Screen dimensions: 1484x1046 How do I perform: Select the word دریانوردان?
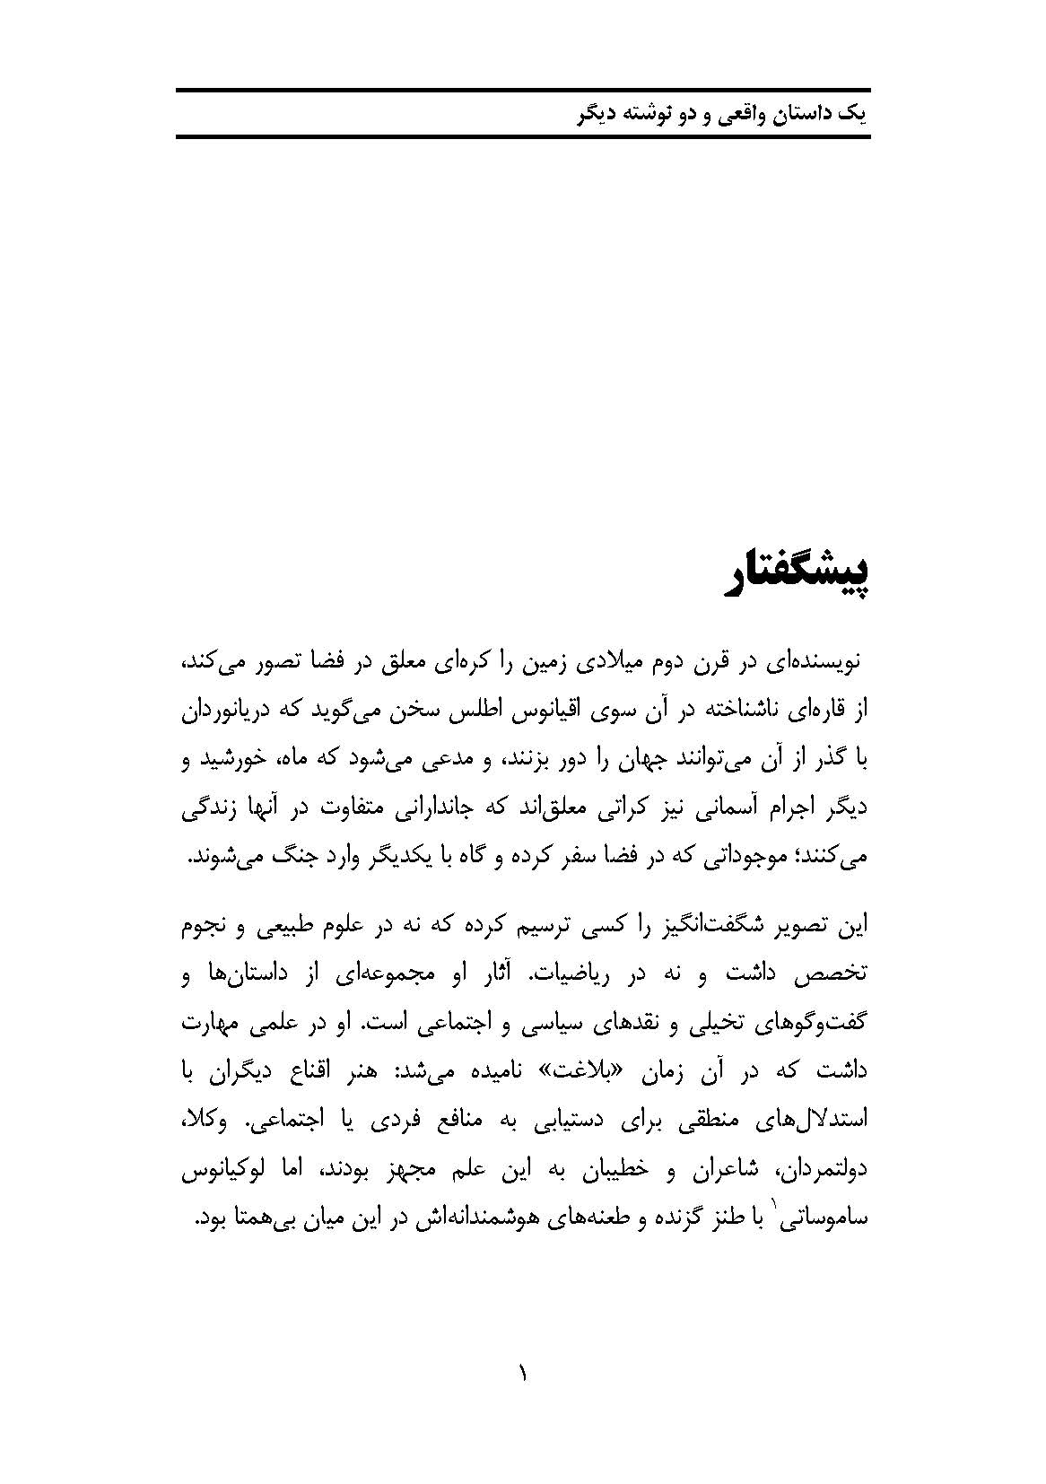[x=229, y=713]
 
